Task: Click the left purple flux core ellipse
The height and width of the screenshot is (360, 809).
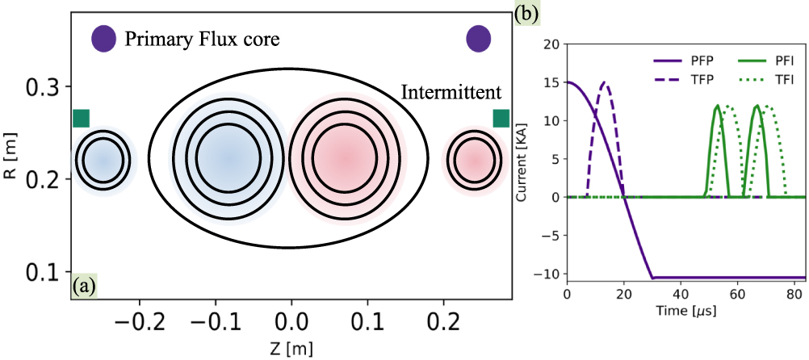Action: point(103,38)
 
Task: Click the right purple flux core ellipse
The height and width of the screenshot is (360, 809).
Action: point(479,38)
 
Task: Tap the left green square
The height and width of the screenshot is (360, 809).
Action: point(81,118)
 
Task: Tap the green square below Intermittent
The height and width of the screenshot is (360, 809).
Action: point(501,118)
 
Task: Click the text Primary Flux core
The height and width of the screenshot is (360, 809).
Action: point(202,39)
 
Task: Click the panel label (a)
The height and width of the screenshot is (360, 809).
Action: point(85,287)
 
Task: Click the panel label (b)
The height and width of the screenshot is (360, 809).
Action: point(527,13)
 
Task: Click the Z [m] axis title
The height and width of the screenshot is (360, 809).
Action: point(290,348)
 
